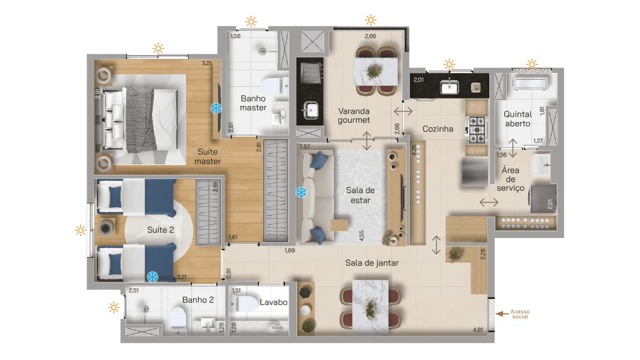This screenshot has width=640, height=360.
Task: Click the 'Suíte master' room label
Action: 208,157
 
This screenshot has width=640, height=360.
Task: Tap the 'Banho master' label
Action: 253,103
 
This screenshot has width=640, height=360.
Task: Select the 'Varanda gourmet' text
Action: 354,116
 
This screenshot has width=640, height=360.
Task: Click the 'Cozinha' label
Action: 438,129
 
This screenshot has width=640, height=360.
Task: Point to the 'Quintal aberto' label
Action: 518,119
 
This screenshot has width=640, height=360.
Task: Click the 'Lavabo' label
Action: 273,302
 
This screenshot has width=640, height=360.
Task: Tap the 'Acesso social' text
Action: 520,314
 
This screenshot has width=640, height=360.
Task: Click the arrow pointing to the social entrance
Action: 502,314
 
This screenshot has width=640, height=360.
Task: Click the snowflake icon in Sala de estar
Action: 301,192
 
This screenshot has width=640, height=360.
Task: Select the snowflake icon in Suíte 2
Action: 153,277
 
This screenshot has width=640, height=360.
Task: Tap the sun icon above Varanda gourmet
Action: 371,20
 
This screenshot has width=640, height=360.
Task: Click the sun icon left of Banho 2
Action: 114,308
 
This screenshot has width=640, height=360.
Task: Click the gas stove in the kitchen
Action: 476,130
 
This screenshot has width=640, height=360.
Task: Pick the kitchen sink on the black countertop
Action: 449,87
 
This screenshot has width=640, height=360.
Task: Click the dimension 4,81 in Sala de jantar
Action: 478,330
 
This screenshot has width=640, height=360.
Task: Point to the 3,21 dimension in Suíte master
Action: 207,63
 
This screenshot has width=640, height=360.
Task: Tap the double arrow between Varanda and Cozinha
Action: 403,111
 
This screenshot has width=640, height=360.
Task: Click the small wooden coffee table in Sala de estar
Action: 340,225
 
